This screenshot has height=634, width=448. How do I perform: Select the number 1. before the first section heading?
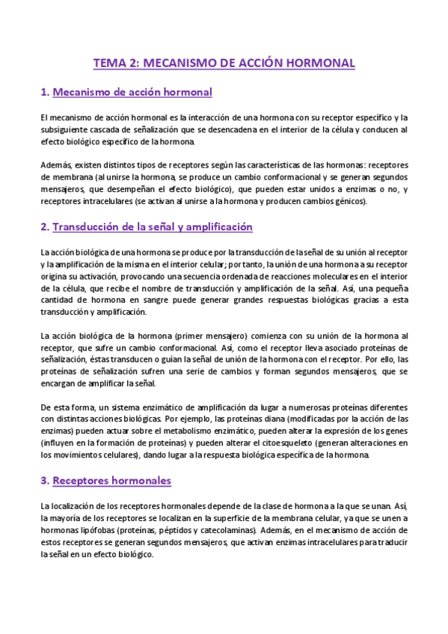coord(44,92)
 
